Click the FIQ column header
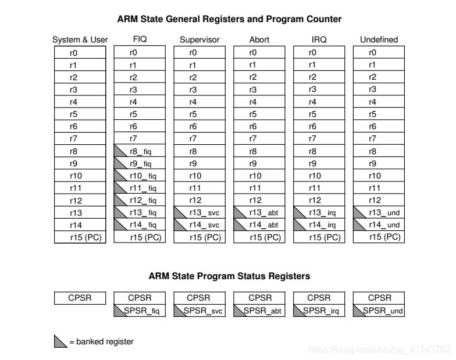pos(138,40)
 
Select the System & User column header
pos(80,40)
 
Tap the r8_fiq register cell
pos(139,151)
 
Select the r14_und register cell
pos(379,224)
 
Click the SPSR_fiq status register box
pos(139,311)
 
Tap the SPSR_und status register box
pos(379,311)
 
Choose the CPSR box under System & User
pos(80,298)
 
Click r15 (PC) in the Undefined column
pos(379,236)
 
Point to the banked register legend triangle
pos(60,343)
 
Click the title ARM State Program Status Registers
pos(229,276)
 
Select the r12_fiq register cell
pos(139,200)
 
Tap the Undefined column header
pos(379,40)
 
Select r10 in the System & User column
pos(80,176)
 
